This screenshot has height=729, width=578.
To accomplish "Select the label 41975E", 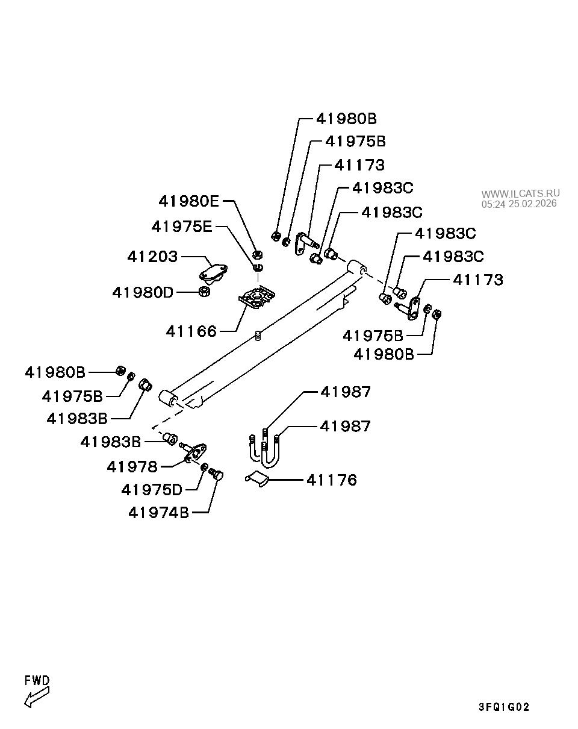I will pyautogui.click(x=182, y=227).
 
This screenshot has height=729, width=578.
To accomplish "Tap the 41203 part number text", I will pyautogui.click(x=153, y=257).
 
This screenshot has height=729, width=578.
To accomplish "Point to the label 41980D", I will pyautogui.click(x=143, y=292).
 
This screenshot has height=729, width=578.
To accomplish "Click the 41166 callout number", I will pyautogui.click(x=191, y=331).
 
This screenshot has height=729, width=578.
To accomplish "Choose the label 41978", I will pyautogui.click(x=132, y=466).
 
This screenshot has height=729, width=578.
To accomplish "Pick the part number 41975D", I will pyautogui.click(x=151, y=490).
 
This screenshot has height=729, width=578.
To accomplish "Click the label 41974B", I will pyautogui.click(x=158, y=513).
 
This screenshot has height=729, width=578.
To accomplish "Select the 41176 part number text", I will pyautogui.click(x=332, y=480).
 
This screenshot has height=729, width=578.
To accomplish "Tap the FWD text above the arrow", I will pyautogui.click(x=37, y=680).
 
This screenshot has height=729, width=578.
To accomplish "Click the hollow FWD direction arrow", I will pyautogui.click(x=36, y=697).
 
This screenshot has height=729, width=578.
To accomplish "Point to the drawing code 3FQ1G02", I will pyautogui.click(x=504, y=707).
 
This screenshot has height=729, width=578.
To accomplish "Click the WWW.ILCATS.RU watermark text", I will pyautogui.click(x=520, y=193).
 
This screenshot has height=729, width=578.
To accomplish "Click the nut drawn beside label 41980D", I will pyautogui.click(x=205, y=292).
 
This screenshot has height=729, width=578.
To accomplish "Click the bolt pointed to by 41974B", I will pyautogui.click(x=216, y=476).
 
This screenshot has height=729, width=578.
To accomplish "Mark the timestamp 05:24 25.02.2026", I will pyautogui.click(x=519, y=204).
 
